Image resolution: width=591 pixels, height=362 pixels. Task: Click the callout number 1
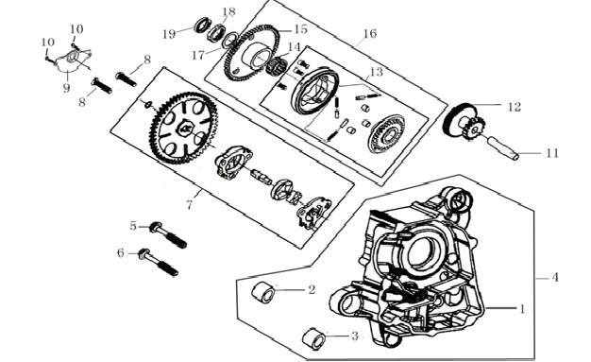pyautogui.click(x=522, y=309)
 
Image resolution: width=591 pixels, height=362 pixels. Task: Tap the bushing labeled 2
pyautogui.click(x=263, y=292)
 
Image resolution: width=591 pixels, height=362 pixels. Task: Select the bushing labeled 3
pyautogui.click(x=314, y=337)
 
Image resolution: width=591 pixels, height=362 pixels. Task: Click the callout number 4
pyautogui.click(x=555, y=278)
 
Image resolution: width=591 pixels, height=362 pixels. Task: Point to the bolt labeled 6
pyautogui.click(x=159, y=262)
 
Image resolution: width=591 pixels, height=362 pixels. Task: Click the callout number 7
pyautogui.click(x=190, y=205)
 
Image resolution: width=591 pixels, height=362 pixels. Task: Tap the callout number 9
pyautogui.click(x=66, y=88)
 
